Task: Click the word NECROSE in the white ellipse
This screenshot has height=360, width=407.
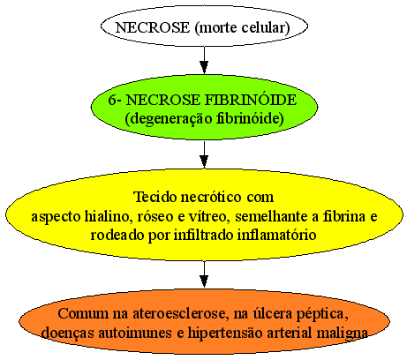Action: pos(153,27)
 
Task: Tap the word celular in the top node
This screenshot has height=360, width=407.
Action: pos(266,27)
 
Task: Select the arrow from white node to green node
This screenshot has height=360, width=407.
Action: pos(204,60)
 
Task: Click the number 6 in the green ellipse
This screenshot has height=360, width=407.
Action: pos(112,100)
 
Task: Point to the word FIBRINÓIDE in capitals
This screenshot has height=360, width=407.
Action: pos(251,100)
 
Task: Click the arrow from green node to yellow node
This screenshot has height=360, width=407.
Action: pos(204,154)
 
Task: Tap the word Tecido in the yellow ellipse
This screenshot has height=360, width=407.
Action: pos(155,197)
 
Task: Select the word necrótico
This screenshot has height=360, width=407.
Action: pos(211,197)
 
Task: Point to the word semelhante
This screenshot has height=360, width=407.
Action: pos(271,216)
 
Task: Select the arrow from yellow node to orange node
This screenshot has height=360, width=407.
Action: pos(204,274)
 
